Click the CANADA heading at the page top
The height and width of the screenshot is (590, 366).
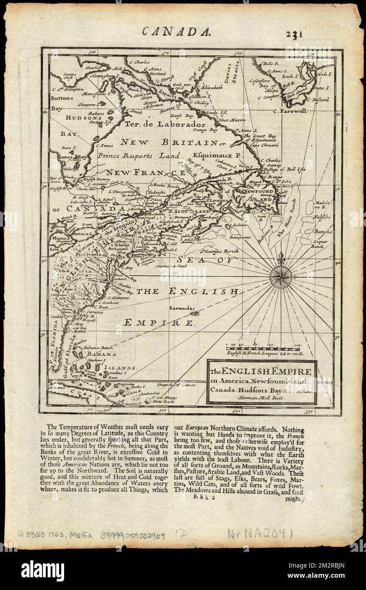pyautogui.click(x=176, y=31)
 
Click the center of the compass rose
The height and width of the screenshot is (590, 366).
pyautogui.click(x=281, y=276)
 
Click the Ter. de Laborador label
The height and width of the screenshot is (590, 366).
pyautogui.click(x=165, y=124)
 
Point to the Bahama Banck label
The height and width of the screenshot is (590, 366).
pyautogui.click(x=98, y=347)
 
